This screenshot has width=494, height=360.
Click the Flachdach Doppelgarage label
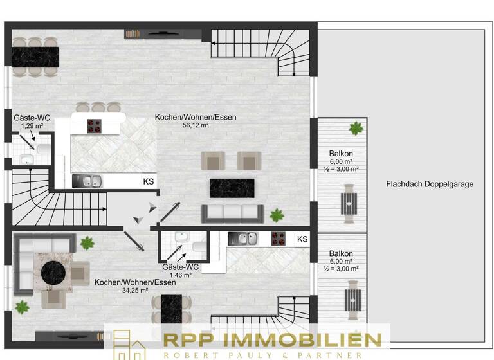430,184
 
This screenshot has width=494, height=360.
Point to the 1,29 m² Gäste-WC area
32,126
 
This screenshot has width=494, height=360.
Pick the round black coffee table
53,273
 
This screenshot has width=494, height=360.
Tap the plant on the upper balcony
355,129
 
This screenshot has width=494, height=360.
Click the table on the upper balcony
349,203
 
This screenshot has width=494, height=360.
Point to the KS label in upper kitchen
148,182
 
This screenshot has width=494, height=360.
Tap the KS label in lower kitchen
302,239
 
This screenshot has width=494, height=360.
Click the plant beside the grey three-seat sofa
277,215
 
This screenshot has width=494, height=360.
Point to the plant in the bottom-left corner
23,307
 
